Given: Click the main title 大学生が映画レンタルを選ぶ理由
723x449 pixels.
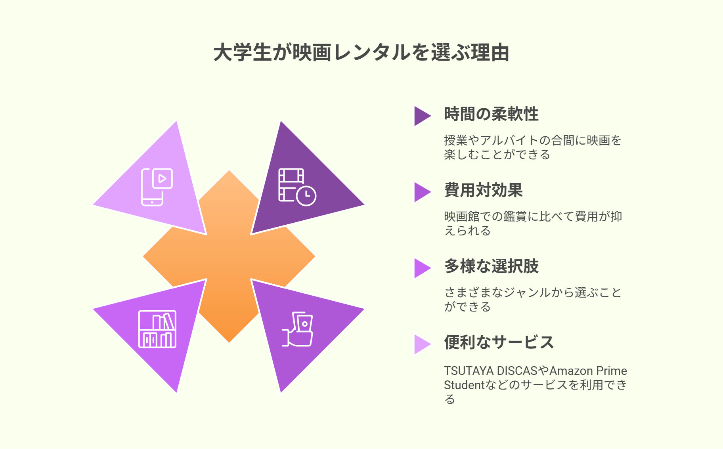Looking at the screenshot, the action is [361, 53].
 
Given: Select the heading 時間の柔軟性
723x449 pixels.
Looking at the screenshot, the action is [491, 114].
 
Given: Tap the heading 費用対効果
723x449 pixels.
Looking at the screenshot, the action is [484, 190].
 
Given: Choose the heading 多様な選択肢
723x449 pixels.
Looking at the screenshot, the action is [491, 266].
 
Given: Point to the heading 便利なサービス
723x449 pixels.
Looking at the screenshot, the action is [499, 342].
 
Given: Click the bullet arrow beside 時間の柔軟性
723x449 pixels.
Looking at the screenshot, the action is [422, 116].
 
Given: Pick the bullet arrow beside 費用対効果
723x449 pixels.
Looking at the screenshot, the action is [422, 192].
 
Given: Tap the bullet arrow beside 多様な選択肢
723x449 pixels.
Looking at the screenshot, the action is [422, 268].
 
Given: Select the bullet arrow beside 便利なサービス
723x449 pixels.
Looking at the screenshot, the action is [422, 344].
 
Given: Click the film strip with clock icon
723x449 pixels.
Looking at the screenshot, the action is [297, 187].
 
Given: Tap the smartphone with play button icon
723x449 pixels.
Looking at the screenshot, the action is [157, 187].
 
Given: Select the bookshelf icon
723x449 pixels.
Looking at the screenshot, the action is [157, 329].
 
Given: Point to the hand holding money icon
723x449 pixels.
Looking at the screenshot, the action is [298, 329].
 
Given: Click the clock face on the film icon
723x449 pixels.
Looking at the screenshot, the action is [306, 196].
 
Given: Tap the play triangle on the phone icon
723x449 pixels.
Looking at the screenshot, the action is [162, 179].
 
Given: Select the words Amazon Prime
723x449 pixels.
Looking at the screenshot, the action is [588, 371].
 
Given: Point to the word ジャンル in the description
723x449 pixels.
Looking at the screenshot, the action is [528, 292].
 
